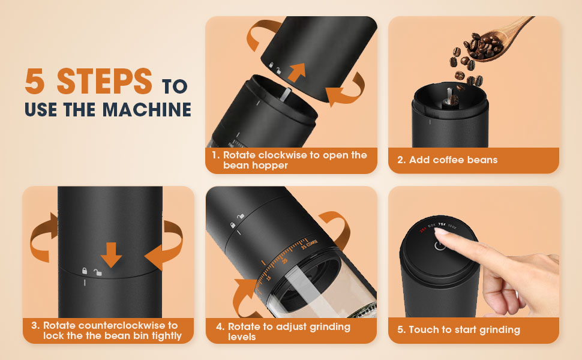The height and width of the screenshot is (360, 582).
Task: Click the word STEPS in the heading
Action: pyautogui.click(x=105, y=82)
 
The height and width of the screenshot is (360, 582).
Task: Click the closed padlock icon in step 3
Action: pyautogui.click(x=85, y=271)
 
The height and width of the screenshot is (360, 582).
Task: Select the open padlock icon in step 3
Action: pyautogui.click(x=97, y=272)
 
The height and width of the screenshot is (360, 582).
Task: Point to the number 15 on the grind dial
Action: pyautogui.click(x=268, y=278)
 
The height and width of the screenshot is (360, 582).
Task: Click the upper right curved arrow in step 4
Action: pyautogui.click(x=336, y=229)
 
